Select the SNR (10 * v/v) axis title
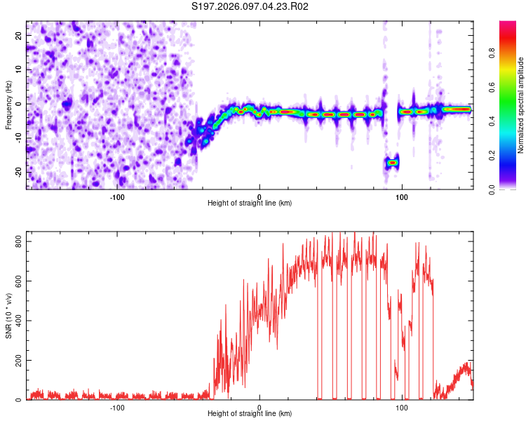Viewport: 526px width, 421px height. (x=8, y=316)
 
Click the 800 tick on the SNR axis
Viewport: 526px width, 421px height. (x=16, y=241)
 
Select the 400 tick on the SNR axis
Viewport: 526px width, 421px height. (x=16, y=321)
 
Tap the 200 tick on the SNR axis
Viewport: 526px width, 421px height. (x=16, y=360)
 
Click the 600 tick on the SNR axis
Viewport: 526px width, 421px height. (x=16, y=281)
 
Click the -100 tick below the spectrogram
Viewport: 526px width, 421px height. (x=117, y=197)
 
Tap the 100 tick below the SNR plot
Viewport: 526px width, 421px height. (x=402, y=408)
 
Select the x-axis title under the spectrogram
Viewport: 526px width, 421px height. (x=250, y=203)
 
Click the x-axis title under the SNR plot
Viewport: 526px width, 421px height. (x=250, y=414)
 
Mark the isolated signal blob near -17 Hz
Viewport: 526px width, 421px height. (x=392, y=162)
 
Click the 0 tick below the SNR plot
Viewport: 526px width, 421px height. (x=259, y=408)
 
